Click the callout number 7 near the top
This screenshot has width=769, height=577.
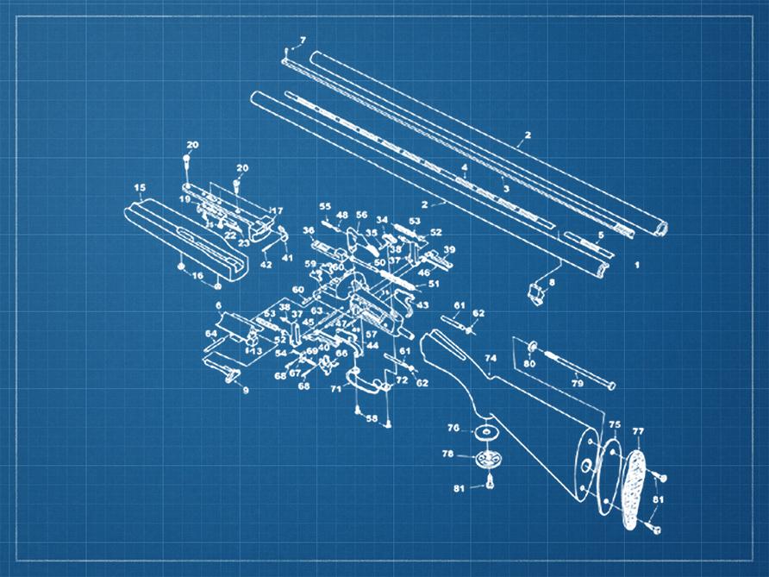coord(303,41)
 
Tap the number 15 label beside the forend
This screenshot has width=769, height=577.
coord(140,187)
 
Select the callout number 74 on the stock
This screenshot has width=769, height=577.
coord(491,358)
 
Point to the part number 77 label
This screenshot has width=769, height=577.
coord(638,430)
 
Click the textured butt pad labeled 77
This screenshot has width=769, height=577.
coord(635,483)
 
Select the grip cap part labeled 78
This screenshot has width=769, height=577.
coord(489,458)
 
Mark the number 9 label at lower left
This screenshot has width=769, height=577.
coord(245,391)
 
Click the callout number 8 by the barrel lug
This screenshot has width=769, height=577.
coord(552,282)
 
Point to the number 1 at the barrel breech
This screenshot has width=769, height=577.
coord(637,267)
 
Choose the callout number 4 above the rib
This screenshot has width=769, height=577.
coord(464,167)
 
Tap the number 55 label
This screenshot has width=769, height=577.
coord(325,207)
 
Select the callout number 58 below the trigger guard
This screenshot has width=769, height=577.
coord(372,418)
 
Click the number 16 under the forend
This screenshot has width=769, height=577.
coord(197,275)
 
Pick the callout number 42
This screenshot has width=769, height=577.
coord(266,265)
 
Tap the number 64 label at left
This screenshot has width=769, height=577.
coord(210,333)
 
